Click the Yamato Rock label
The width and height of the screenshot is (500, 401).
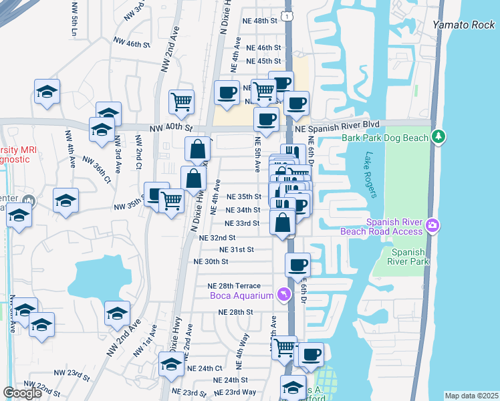pos(463,24)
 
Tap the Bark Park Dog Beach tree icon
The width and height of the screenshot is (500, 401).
pos(439,137)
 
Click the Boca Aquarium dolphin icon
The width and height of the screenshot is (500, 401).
pos(285,295)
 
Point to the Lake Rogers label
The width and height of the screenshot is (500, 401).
pos(371,174)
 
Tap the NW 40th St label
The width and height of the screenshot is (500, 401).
pos(171,128)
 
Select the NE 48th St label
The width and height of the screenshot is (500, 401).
pos(261,21)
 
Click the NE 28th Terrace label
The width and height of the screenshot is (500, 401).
pos(239,285)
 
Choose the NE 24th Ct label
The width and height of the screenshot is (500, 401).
pos(205,368)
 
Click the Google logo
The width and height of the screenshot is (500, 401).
pos(23,393)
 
